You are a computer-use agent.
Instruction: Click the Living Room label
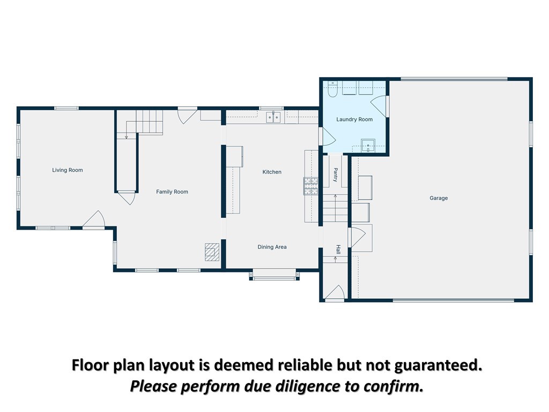[x=68, y=170]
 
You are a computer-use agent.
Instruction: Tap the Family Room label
[x=172, y=192]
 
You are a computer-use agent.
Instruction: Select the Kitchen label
[x=272, y=172]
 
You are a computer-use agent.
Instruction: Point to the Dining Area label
[x=272, y=247]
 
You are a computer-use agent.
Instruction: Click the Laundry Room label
[x=354, y=120]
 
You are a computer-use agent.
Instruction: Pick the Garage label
[x=439, y=198]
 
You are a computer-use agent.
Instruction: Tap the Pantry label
[x=335, y=175]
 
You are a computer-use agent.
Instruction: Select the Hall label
[x=338, y=249]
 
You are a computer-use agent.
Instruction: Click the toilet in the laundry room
[x=332, y=89]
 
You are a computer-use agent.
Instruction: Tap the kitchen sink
[x=273, y=117]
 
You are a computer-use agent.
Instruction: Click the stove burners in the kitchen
[x=310, y=186]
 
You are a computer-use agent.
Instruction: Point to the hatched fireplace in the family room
[x=212, y=252]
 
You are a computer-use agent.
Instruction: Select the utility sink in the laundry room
[x=368, y=145]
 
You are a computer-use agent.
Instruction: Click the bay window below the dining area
[x=274, y=275]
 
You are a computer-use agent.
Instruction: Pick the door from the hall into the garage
[x=357, y=237]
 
